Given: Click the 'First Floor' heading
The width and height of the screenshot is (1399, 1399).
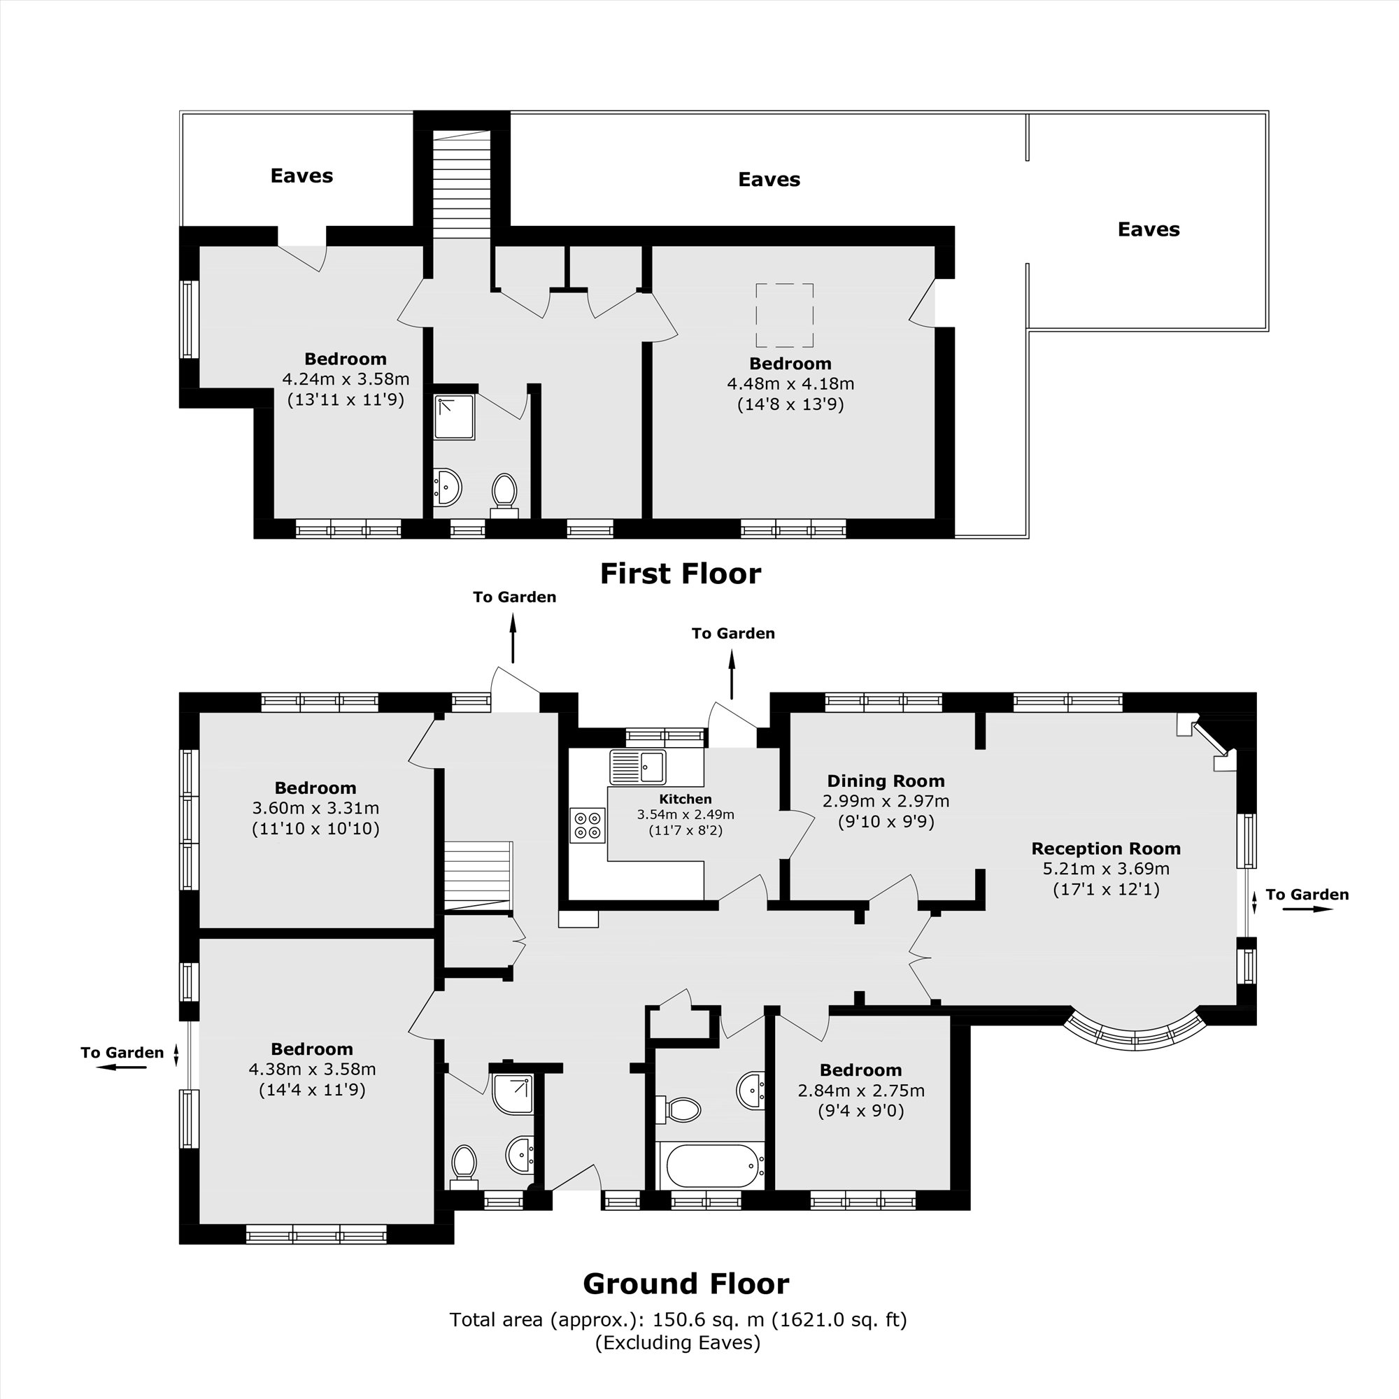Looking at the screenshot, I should coord(680,574).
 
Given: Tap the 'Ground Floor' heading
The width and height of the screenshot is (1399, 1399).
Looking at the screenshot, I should coord(685,1284).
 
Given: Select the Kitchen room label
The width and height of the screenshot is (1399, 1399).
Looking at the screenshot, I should coord(685,800).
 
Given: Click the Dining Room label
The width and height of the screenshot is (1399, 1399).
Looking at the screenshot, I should coord(886,781).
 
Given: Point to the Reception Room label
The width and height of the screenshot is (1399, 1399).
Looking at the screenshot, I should coord(1105,848).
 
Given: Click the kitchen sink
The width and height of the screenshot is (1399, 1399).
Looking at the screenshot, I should coord(637,767).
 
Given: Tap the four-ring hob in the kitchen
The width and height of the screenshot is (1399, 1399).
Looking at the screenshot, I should coord(588,825).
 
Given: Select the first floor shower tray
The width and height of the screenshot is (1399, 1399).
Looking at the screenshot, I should coord(454,417).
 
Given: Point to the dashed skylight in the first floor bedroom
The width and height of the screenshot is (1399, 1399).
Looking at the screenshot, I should coord(784,315).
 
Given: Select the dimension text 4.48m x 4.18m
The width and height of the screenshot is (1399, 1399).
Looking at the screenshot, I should coord(790,384).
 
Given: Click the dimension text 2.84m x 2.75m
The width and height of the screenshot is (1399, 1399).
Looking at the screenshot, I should coord(860,1091).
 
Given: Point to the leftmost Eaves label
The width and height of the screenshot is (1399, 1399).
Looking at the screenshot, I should coord(301,176).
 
